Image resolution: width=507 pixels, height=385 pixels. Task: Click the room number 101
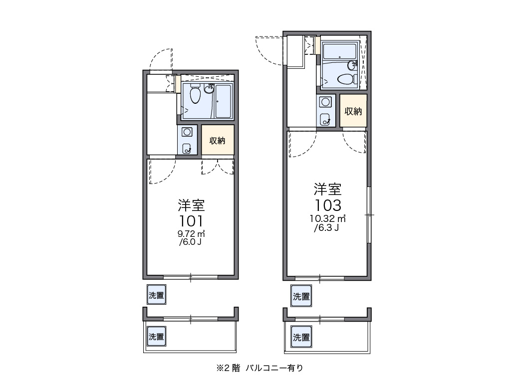[191, 221]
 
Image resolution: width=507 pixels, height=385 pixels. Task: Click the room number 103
[328, 205]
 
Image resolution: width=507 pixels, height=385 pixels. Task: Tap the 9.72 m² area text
[191, 233]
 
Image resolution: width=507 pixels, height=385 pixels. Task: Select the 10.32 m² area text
[328, 218]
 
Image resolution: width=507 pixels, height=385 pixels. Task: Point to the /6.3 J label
[327, 228]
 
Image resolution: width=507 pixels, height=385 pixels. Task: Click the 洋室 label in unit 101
[191, 205]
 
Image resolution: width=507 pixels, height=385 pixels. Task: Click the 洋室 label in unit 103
[328, 190]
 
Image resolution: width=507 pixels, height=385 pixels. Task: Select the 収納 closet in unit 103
[353, 111]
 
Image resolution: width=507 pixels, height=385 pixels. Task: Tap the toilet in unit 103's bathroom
[345, 79]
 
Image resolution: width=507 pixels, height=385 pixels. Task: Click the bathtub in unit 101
[223, 102]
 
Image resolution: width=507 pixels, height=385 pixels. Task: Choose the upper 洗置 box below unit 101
[156, 295]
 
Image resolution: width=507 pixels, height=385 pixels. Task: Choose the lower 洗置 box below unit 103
[301, 337]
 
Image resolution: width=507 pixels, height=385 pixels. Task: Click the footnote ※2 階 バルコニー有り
[259, 369]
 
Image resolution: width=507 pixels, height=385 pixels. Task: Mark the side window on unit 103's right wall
[369, 214]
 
